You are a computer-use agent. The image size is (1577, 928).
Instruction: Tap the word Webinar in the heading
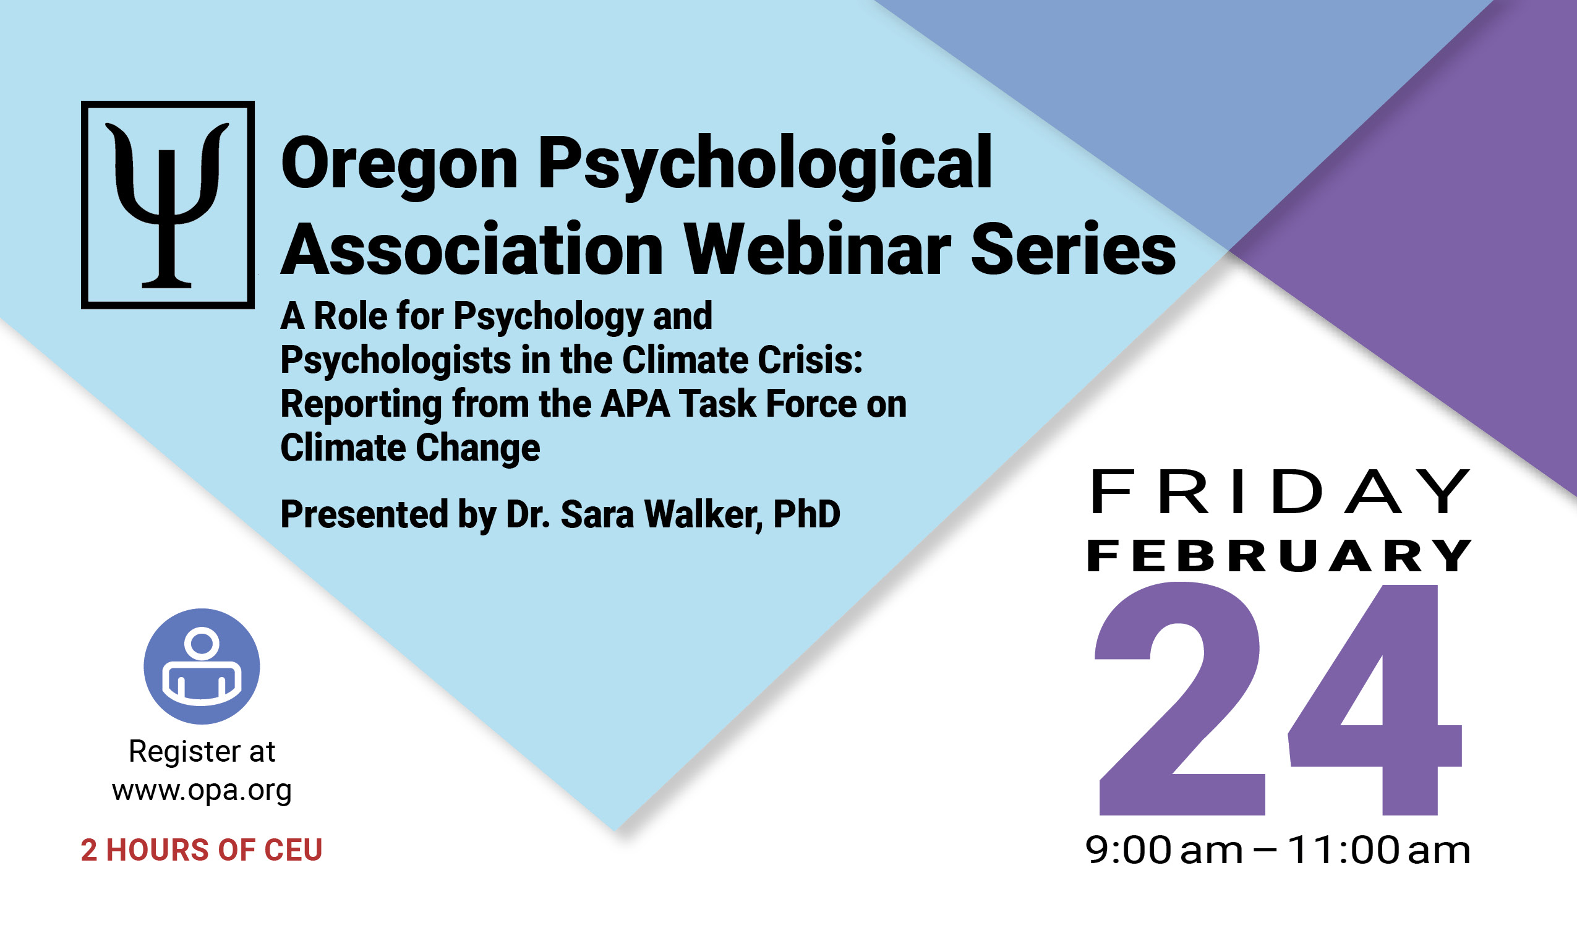[x=818, y=249]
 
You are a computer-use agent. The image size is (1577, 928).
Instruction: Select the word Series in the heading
[x=1073, y=249]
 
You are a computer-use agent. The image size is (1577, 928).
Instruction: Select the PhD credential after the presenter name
[x=806, y=514]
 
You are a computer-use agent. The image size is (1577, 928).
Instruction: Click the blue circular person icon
[x=202, y=666]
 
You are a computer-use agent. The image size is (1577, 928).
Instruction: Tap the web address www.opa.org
[x=202, y=791]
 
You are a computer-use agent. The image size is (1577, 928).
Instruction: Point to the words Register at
[x=202, y=752]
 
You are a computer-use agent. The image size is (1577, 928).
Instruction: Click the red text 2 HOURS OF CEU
[x=202, y=850]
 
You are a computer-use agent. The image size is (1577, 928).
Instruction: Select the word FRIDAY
[x=1280, y=492]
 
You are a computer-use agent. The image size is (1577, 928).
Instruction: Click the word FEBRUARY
[x=1279, y=556]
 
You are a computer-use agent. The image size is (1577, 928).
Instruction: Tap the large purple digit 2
[x=1179, y=699]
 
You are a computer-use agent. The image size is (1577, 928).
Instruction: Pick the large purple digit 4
[x=1375, y=700]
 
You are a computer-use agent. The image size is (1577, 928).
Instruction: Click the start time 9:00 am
[x=1164, y=851]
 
